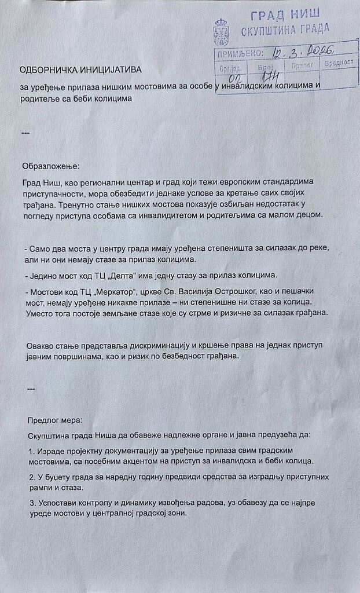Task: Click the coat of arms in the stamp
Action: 222,32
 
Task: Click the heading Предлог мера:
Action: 55,419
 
